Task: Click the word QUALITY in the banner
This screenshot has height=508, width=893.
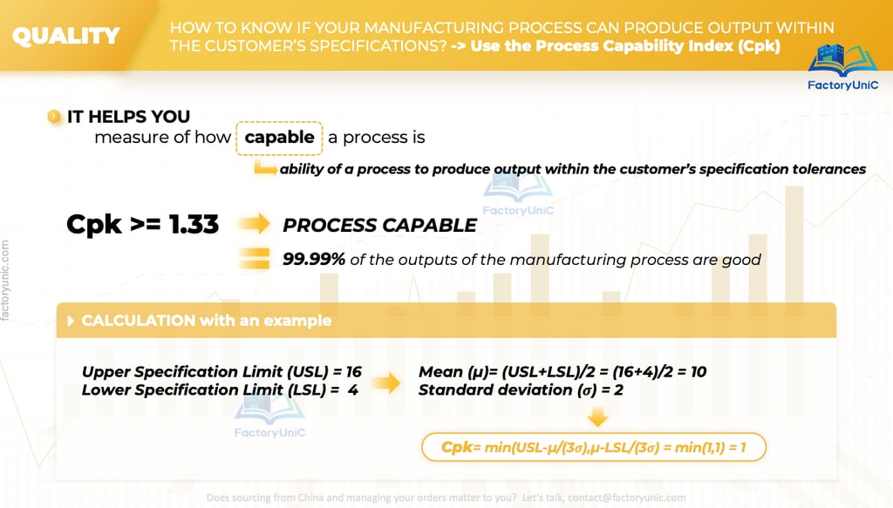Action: click(x=66, y=37)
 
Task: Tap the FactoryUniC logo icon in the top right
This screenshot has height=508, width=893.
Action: click(x=843, y=60)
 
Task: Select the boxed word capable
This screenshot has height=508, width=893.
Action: click(x=280, y=138)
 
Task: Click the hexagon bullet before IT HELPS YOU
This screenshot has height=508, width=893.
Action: click(x=54, y=117)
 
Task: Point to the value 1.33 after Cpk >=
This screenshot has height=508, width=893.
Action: click(x=194, y=225)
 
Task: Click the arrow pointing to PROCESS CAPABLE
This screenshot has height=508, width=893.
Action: click(x=254, y=224)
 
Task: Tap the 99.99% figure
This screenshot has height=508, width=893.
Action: click(x=314, y=260)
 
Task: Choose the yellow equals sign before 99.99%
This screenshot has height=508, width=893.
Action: click(x=254, y=259)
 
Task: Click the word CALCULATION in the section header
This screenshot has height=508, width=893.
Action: click(x=139, y=321)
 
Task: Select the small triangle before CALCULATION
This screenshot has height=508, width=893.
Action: click(x=71, y=321)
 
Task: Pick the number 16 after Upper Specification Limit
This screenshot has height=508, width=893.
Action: click(x=354, y=372)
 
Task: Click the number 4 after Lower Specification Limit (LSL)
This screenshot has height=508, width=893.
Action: click(x=353, y=390)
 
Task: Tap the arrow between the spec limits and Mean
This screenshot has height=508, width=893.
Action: click(x=386, y=383)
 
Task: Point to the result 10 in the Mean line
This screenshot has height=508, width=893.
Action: click(x=699, y=372)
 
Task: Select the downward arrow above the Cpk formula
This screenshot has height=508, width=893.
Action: click(x=597, y=417)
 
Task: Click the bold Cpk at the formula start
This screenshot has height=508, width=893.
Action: click(x=457, y=447)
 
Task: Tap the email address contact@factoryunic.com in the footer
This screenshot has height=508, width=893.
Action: click(x=626, y=498)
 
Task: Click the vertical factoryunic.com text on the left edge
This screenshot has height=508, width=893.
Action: click(x=5, y=281)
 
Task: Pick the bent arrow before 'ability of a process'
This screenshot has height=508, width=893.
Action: click(x=265, y=168)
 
